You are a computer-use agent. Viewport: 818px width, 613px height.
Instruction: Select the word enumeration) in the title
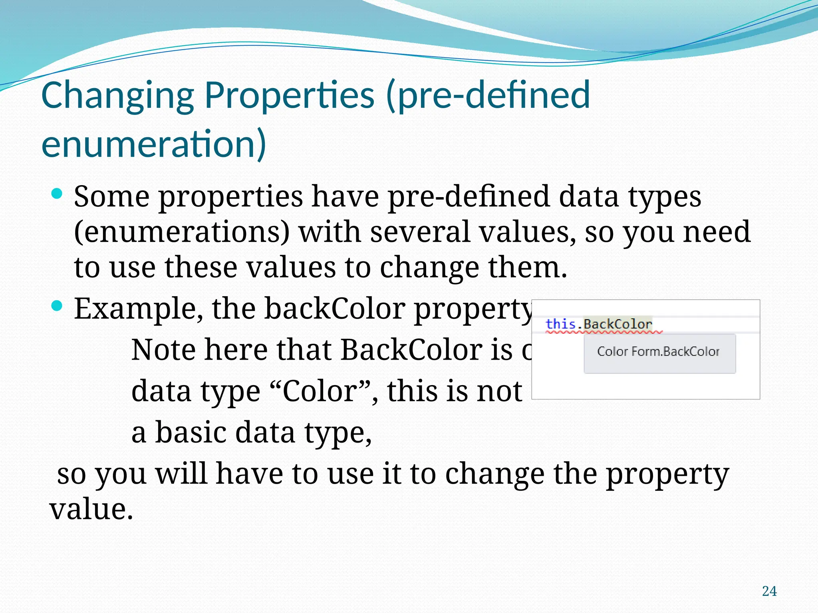pyautogui.click(x=153, y=144)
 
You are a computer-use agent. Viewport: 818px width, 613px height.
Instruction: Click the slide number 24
pyautogui.click(x=769, y=591)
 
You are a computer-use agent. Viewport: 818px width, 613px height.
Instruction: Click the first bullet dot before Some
pyautogui.click(x=57, y=194)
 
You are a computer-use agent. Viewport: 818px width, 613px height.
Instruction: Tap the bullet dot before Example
pyautogui.click(x=57, y=306)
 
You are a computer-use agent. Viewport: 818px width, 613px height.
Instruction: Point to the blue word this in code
pyautogui.click(x=560, y=324)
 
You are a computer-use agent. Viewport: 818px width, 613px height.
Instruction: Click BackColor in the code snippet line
pyautogui.click(x=617, y=324)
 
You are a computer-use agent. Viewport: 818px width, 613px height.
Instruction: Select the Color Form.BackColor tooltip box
pyautogui.click(x=659, y=353)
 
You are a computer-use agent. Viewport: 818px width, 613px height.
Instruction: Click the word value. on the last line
pyautogui.click(x=91, y=510)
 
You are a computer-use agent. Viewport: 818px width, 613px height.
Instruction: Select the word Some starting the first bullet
pyautogui.click(x=112, y=196)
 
